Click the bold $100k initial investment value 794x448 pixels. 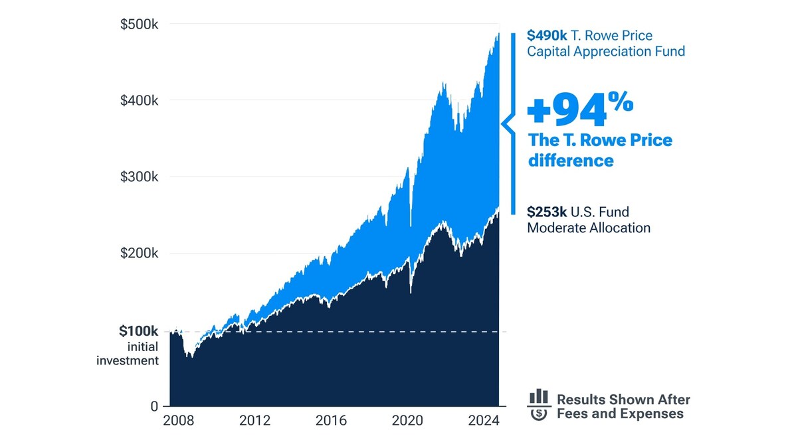point(138,331)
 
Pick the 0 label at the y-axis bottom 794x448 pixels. point(153,406)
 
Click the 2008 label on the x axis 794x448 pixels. point(178,421)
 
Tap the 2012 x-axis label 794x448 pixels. point(254,421)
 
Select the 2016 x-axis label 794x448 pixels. point(331,421)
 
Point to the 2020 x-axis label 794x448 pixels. point(407,421)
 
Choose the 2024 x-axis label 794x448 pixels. point(483,421)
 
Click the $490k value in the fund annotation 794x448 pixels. point(547,36)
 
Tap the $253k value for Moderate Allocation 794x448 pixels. point(547,212)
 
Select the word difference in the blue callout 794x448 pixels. point(570,161)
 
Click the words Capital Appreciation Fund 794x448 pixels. point(605,51)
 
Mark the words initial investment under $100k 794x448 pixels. point(128,354)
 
